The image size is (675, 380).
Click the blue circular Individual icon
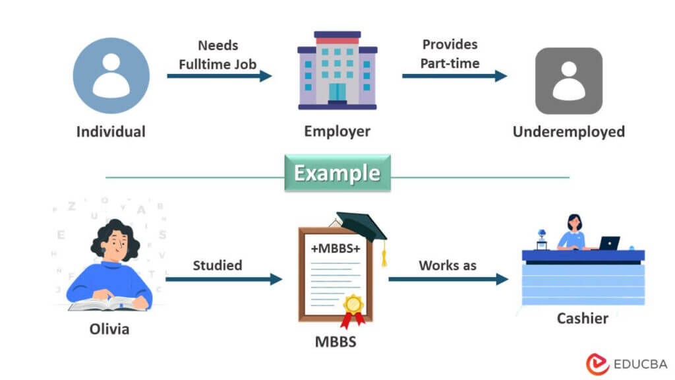pyautogui.click(x=111, y=75)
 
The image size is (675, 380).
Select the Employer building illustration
pyautogui.click(x=337, y=71)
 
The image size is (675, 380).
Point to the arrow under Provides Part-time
pyautogui.click(x=454, y=76)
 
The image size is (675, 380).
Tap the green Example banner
pyautogui.click(x=337, y=174)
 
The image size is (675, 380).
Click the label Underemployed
pyautogui.click(x=568, y=131)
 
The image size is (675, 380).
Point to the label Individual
pyautogui.click(x=111, y=131)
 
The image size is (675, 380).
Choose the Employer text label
pyautogui.click(x=337, y=131)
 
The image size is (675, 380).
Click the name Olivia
pyautogui.click(x=109, y=328)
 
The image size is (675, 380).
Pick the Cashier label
pyautogui.click(x=582, y=319)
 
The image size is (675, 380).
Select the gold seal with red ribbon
pyautogui.click(x=353, y=308)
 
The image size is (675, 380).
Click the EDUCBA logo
pyautogui.click(x=626, y=364)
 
